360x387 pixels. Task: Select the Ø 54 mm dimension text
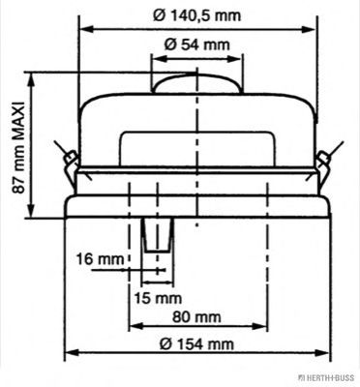[x=196, y=44]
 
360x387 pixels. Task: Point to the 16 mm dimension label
[x=99, y=258]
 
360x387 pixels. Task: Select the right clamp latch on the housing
[x=326, y=157]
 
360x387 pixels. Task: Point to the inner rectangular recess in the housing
[x=197, y=149]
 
